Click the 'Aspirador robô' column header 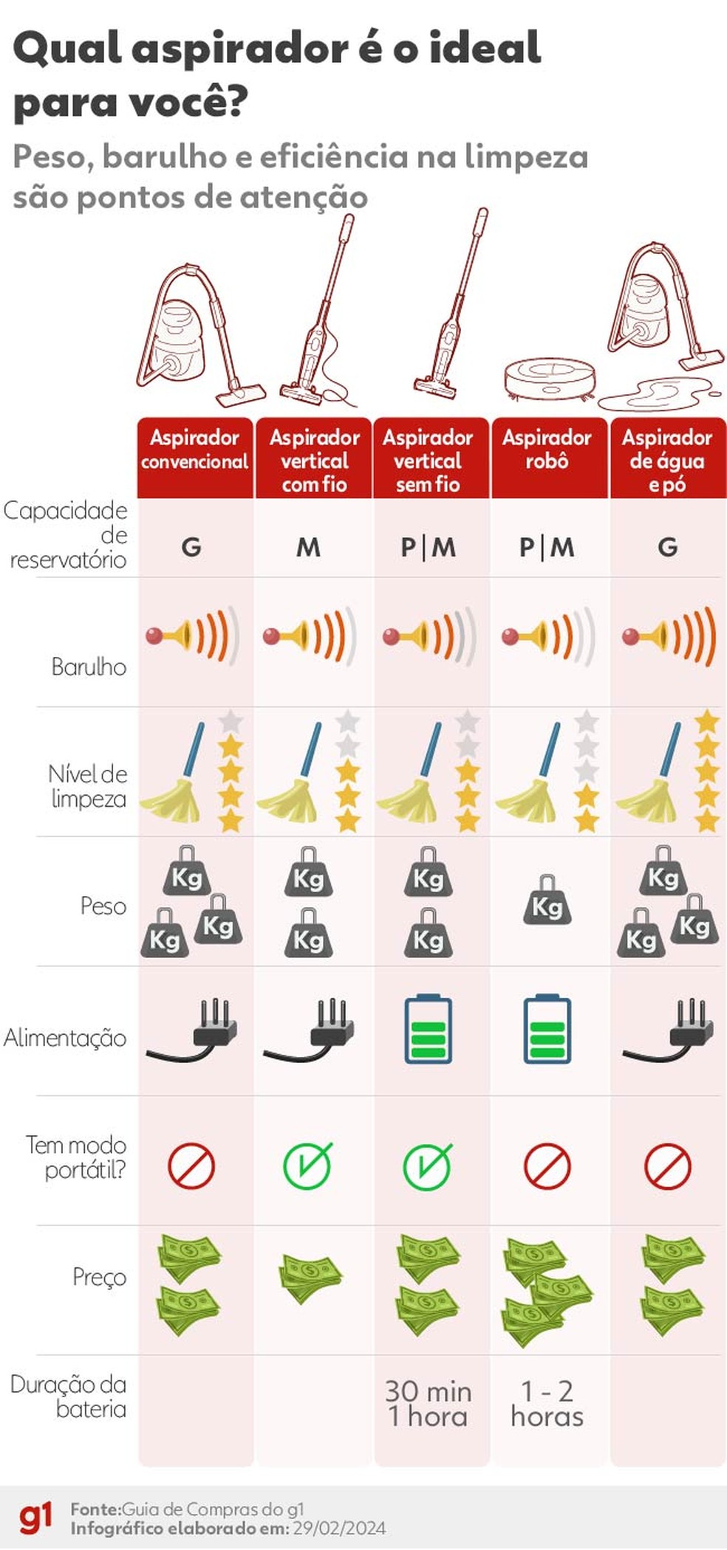pos(547,449)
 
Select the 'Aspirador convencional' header pos(195,449)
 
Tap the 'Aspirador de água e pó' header pos(667,461)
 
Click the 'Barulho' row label pos(89,666)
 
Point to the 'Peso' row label pos(103,906)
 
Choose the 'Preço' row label pos(99,1277)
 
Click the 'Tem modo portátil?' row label pos(76,1157)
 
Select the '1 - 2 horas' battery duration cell pos(547,1404)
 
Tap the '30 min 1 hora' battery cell pos(428,1404)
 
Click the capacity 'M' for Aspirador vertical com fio pos(308,548)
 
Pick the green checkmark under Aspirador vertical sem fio pos(428,1165)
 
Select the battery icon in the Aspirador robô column pos(547,1030)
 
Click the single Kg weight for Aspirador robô pos(547,901)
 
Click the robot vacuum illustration pos(550,379)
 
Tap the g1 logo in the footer pos(35,1518)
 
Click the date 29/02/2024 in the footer pos(339,1528)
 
